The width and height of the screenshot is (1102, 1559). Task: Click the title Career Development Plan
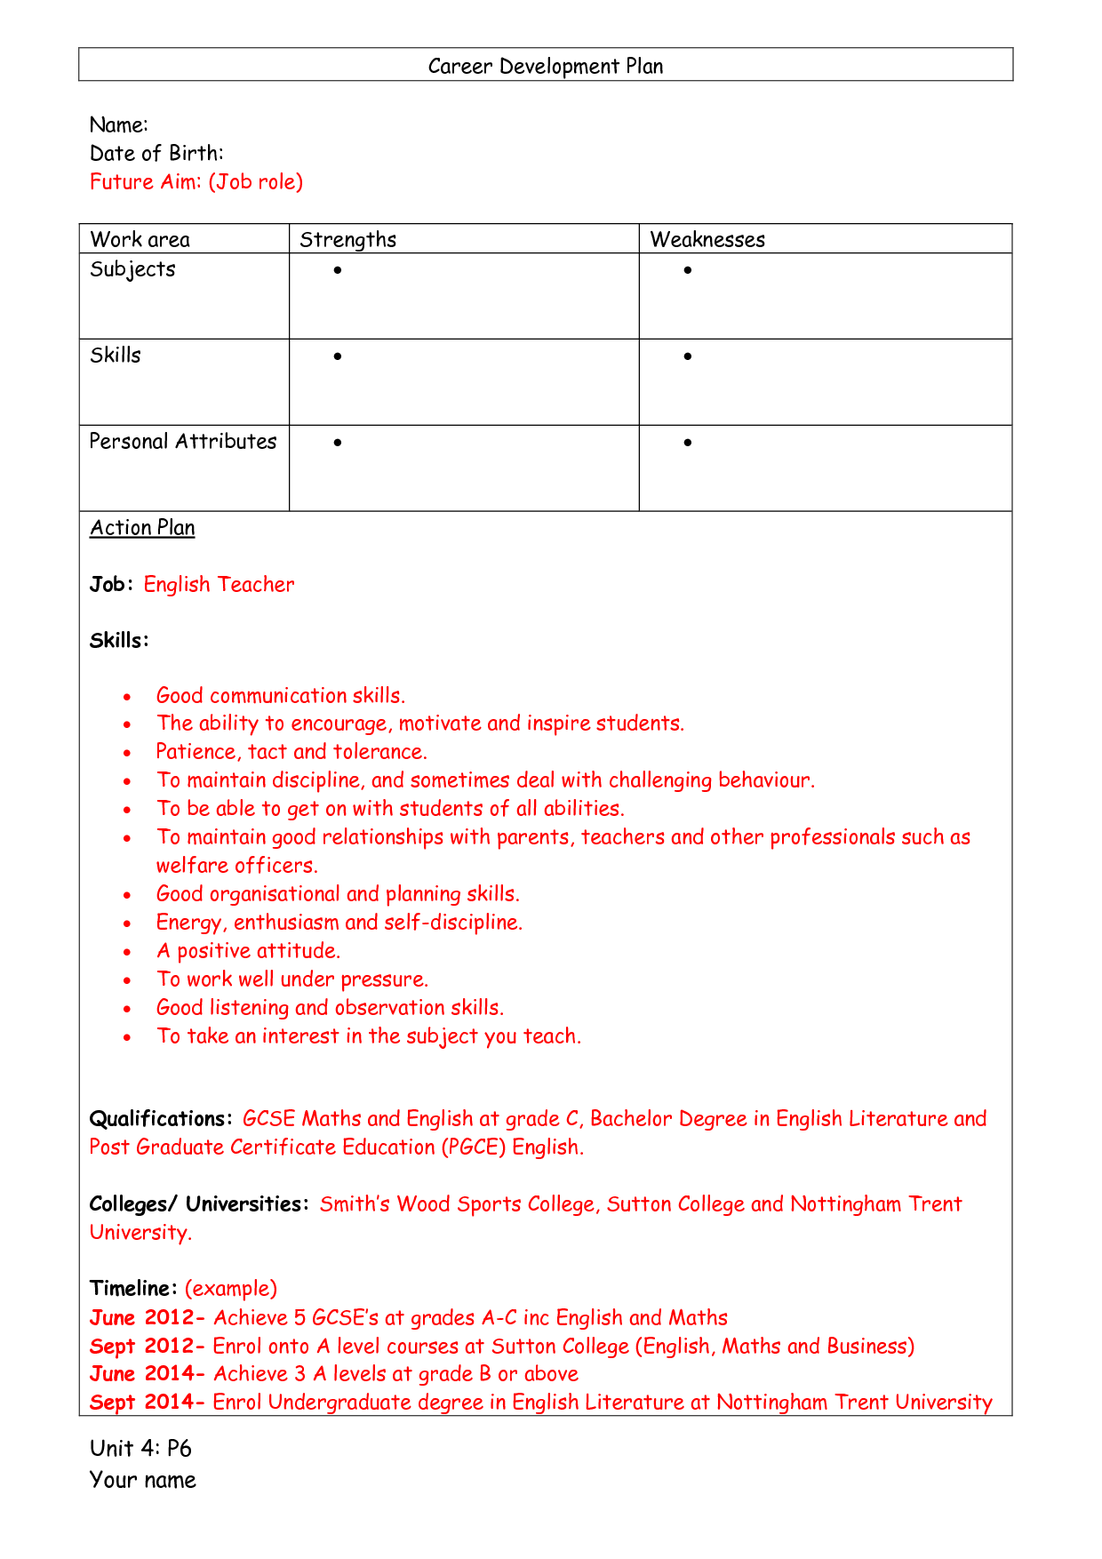click(545, 67)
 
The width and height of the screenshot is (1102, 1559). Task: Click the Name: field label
click(118, 125)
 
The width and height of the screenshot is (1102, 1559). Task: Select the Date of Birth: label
click(156, 154)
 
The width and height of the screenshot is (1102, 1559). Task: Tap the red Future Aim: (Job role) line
click(196, 182)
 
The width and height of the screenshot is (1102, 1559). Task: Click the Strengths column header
click(347, 240)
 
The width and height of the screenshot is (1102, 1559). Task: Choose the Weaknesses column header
click(707, 240)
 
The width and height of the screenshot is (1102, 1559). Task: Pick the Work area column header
click(140, 240)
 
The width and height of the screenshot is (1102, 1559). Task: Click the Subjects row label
click(132, 269)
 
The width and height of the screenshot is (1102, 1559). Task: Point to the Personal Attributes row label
click(183, 442)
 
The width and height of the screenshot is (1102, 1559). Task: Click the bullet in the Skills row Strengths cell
click(338, 356)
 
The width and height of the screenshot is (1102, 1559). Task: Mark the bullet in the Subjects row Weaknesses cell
click(688, 270)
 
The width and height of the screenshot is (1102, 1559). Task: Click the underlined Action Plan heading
click(142, 528)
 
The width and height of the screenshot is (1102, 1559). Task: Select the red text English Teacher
click(219, 585)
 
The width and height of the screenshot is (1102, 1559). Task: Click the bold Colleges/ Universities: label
click(199, 1204)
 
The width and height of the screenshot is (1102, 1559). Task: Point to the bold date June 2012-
click(147, 1318)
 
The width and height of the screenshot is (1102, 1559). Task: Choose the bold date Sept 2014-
click(147, 1403)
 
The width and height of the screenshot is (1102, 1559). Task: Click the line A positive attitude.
click(248, 951)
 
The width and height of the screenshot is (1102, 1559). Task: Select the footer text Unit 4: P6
click(140, 1449)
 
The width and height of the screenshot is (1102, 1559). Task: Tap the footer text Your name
click(142, 1480)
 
